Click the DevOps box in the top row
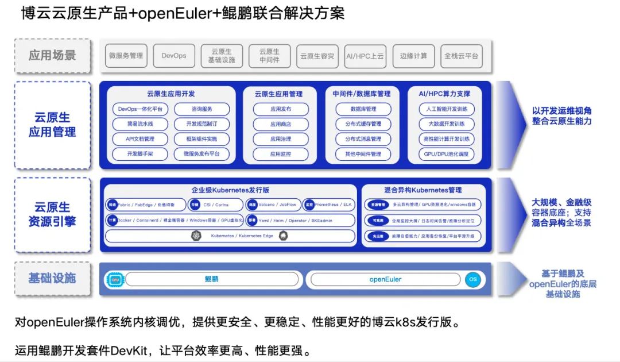click(174, 56)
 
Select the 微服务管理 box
click(126, 56)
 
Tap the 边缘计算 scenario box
click(414, 56)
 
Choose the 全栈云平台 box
click(462, 56)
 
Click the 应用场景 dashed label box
click(52, 56)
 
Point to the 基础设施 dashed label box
click(52, 279)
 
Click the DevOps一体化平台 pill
click(140, 109)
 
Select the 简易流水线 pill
click(140, 124)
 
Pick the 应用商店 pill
click(281, 124)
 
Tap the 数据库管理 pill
click(363, 109)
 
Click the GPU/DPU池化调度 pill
click(447, 154)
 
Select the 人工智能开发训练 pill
click(447, 109)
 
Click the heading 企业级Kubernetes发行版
click(230, 190)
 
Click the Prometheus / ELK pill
click(330, 205)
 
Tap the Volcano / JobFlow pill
click(272, 205)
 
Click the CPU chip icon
click(115, 280)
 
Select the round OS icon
click(472, 280)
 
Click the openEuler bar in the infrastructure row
click(384, 280)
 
